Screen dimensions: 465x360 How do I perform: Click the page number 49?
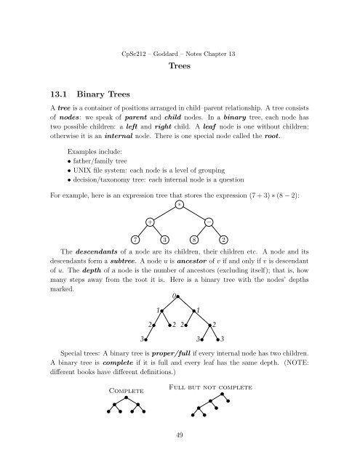(179, 455)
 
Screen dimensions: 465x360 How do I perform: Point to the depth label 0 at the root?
(175, 296)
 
